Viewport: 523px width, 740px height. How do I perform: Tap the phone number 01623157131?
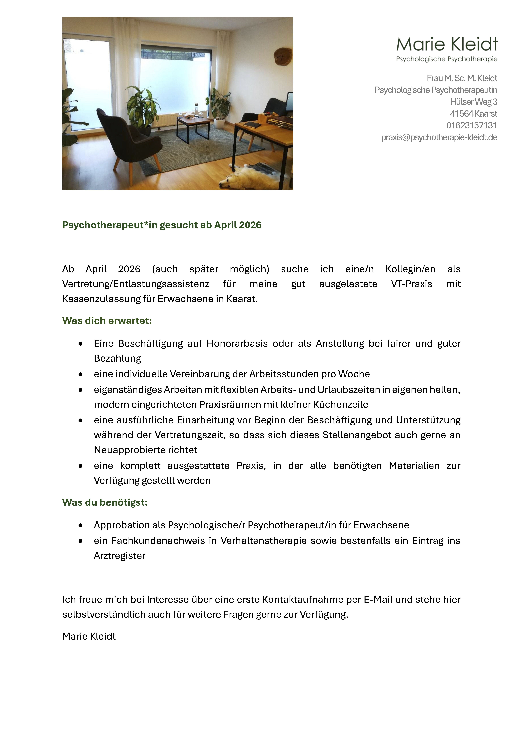pyautogui.click(x=471, y=125)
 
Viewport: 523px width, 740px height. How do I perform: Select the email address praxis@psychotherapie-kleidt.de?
pyautogui.click(x=439, y=137)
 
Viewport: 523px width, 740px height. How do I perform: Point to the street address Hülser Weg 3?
pyautogui.click(x=473, y=102)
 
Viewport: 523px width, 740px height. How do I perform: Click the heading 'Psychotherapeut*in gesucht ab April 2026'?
pyautogui.click(x=162, y=225)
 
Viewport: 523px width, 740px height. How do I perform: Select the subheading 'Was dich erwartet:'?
pyautogui.click(x=107, y=321)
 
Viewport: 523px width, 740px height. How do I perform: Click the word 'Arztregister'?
pyautogui.click(x=120, y=556)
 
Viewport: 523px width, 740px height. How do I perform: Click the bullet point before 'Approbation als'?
pyautogui.click(x=81, y=525)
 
